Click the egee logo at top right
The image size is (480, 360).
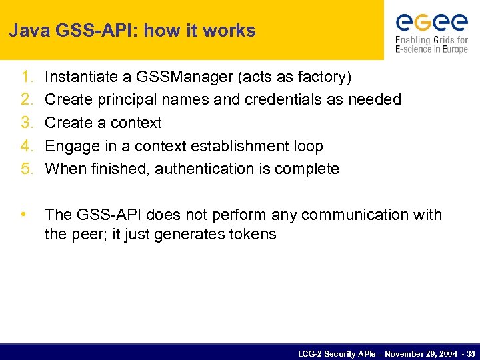[x=431, y=31]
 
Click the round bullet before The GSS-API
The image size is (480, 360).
[x=24, y=215]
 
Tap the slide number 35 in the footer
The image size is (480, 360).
[x=471, y=353]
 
